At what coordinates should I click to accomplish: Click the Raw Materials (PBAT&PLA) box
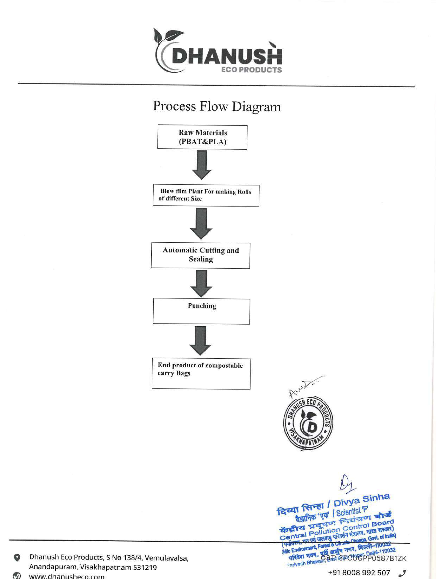point(202,137)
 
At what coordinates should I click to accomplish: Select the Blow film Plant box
point(206,195)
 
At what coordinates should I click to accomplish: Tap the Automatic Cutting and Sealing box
point(200,255)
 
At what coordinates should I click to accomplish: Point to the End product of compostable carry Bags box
point(201,374)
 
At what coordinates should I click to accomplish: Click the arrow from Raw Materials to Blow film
point(202,165)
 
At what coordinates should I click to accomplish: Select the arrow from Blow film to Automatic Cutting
point(201,224)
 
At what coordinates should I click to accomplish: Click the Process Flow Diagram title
point(217,106)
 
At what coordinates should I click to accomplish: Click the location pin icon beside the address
point(17,558)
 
